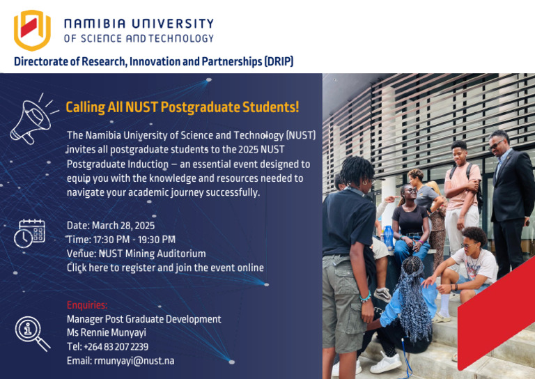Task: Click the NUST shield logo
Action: (32, 30)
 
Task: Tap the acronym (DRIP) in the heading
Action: (279, 62)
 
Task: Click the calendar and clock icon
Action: (29, 233)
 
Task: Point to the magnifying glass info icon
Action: (32, 333)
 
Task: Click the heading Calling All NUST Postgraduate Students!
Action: (182, 107)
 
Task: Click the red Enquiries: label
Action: (87, 305)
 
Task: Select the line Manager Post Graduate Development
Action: (144, 319)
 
